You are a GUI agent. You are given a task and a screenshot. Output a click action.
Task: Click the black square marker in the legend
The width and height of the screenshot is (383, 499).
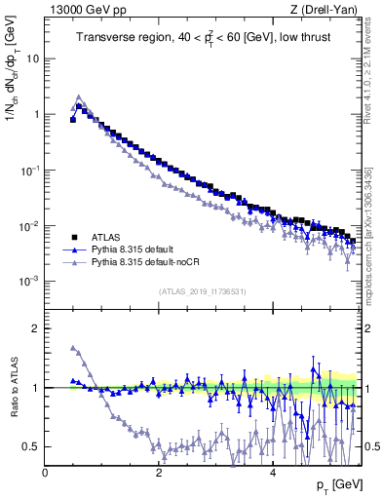73,237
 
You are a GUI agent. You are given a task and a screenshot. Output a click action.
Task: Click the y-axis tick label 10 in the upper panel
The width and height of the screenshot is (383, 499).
32,58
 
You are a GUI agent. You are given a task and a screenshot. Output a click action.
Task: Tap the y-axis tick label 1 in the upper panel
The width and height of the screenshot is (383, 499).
36,114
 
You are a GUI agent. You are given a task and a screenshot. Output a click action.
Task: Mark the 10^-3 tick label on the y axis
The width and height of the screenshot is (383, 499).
30,281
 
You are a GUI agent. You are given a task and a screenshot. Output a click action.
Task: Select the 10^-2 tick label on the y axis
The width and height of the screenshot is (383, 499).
30,225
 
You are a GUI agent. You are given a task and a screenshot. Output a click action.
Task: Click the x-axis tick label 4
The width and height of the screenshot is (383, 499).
272,473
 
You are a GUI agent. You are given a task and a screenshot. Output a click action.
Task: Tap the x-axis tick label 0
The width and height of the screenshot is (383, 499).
45,473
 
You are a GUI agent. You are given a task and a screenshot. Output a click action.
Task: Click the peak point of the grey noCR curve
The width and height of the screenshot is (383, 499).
79,97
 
